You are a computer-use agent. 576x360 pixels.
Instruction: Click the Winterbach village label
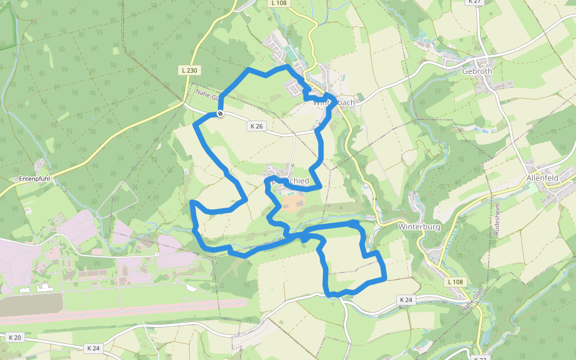pos(334,103)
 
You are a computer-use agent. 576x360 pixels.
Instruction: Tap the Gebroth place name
pos(477,71)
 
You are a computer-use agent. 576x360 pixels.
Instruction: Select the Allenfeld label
pos(542,179)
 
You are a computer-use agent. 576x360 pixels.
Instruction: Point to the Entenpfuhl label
pos(34,179)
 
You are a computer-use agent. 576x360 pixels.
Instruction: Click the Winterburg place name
pos(419,227)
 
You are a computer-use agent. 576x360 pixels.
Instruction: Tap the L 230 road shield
pos(189,70)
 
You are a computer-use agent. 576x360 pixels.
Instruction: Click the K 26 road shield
pos(256,126)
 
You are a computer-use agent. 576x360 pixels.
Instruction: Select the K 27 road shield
pos(474,2)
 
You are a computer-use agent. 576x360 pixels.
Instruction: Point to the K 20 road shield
pos(14,338)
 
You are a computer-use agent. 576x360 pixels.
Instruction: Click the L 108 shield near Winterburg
pos(455,281)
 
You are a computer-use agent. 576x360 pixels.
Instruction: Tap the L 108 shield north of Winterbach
pos(280,3)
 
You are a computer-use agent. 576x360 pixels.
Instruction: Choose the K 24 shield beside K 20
pos(93,348)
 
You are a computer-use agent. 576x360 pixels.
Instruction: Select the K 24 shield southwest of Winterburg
pos(406,299)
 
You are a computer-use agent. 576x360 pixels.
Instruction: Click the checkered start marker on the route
pos(220,113)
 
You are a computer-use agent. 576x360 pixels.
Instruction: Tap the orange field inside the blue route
pos(293,202)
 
